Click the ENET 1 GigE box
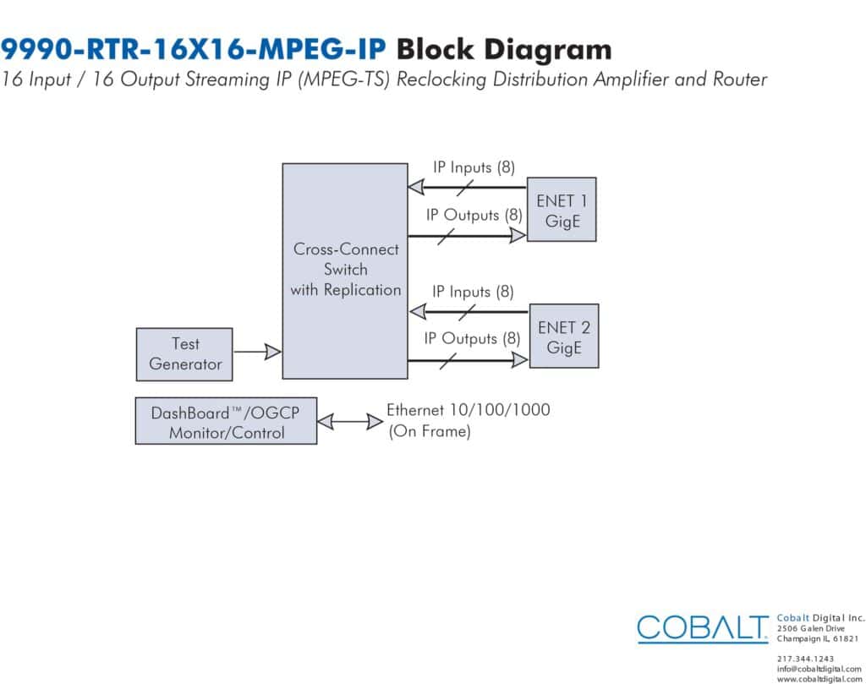click(x=562, y=209)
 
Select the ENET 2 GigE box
click(x=564, y=336)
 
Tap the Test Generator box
click(x=184, y=354)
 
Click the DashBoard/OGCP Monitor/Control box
click(x=227, y=421)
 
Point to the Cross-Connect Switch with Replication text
click(x=346, y=270)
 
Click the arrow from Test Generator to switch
click(x=257, y=352)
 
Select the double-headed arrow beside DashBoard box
click(x=350, y=422)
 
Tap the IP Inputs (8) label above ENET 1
click(x=474, y=167)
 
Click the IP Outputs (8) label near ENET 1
click(x=474, y=215)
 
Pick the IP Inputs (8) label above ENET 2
click(x=473, y=292)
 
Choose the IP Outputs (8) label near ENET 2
click(x=472, y=338)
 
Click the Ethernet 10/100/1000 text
click(x=469, y=409)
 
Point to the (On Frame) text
click(x=430, y=431)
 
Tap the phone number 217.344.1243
click(x=805, y=659)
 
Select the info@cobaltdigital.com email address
click(x=819, y=669)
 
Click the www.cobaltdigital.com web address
click(x=819, y=678)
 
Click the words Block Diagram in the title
click(x=504, y=50)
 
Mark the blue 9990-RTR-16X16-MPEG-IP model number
click(x=194, y=49)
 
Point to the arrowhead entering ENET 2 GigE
click(x=520, y=360)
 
